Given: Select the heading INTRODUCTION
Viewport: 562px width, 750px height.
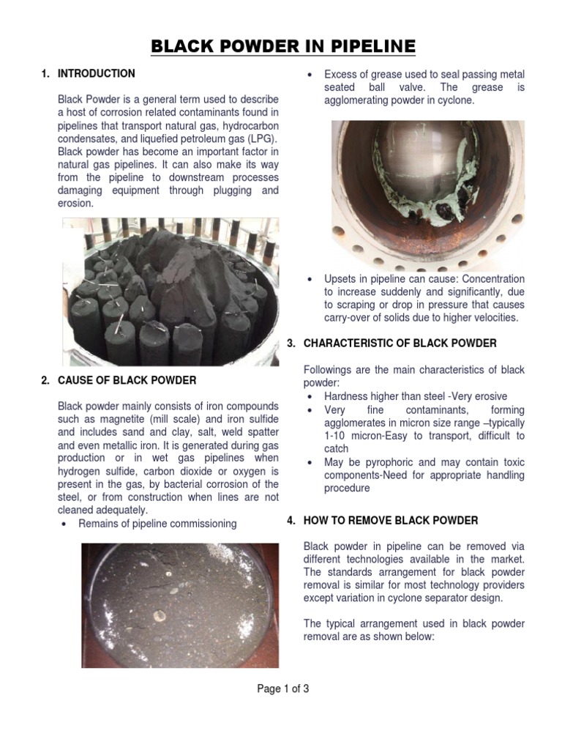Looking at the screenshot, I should click(96, 74).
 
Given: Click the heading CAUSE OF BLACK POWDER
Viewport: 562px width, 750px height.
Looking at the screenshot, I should click(127, 381).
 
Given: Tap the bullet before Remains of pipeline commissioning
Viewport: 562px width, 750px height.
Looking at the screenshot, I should click(66, 524).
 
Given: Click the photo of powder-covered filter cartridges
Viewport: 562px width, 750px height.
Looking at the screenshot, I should click(170, 292).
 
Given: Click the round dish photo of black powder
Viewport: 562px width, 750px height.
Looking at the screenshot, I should click(179, 604).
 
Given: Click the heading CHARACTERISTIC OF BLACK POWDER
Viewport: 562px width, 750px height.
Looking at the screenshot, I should click(400, 343).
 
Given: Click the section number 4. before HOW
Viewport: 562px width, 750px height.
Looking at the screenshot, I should click(291, 521).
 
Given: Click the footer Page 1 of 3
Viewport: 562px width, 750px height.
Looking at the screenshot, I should click(282, 688).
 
